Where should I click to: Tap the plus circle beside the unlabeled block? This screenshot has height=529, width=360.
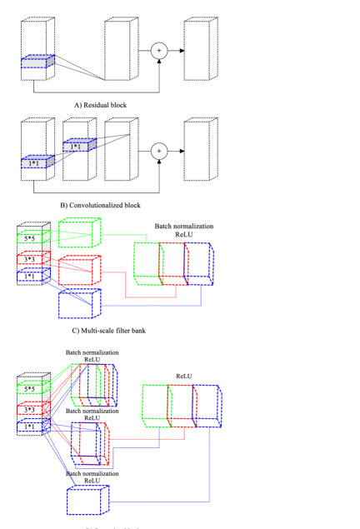159,51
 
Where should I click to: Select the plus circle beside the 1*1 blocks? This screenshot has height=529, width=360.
159,151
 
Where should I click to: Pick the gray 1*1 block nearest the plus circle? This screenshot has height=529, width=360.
79,145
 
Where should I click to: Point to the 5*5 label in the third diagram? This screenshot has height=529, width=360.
29,239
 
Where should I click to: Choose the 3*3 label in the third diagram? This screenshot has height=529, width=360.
29,260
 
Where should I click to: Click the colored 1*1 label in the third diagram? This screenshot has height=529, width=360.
29,277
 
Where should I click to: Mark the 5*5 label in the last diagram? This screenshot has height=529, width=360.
29,389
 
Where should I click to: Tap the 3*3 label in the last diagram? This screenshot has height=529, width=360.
29,410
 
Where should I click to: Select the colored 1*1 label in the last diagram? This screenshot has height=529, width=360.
29,427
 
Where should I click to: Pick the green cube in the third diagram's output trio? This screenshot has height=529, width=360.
147,263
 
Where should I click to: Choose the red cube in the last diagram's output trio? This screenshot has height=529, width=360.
182,406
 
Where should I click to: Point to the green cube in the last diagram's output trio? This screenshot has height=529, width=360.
155,406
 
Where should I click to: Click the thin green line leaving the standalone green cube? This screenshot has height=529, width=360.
125,235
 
